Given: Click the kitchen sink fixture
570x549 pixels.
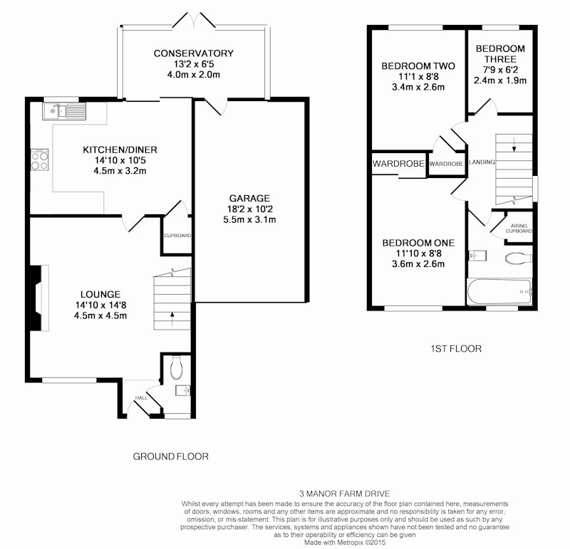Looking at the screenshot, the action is (64, 111).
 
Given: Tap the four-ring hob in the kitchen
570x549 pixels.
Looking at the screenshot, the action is (40, 160).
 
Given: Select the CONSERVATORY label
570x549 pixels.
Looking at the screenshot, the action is (193, 53).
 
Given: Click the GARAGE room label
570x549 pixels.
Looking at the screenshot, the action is (249, 199).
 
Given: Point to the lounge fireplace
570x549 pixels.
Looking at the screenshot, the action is (38, 298).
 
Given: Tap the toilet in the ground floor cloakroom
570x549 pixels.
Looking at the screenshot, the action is (176, 367).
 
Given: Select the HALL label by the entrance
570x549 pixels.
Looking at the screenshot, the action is (141, 398).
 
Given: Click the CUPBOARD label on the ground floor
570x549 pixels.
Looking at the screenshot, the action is (177, 236).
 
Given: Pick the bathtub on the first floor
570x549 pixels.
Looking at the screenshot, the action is (499, 292).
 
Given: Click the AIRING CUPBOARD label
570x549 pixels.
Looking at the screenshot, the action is (519, 228).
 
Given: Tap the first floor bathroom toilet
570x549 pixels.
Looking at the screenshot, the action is (519, 258).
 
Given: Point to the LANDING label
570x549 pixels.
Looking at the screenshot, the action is (482, 162).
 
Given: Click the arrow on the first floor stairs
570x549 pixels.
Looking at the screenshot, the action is (514, 145).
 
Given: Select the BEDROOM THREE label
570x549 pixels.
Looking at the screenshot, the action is (500, 54).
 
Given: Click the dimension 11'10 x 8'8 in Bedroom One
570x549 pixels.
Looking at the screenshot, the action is (418, 253).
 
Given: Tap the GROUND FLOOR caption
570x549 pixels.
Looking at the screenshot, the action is (170, 456).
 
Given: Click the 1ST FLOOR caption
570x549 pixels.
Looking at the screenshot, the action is (456, 349).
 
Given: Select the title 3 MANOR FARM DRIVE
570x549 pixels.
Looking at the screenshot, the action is (345, 493).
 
